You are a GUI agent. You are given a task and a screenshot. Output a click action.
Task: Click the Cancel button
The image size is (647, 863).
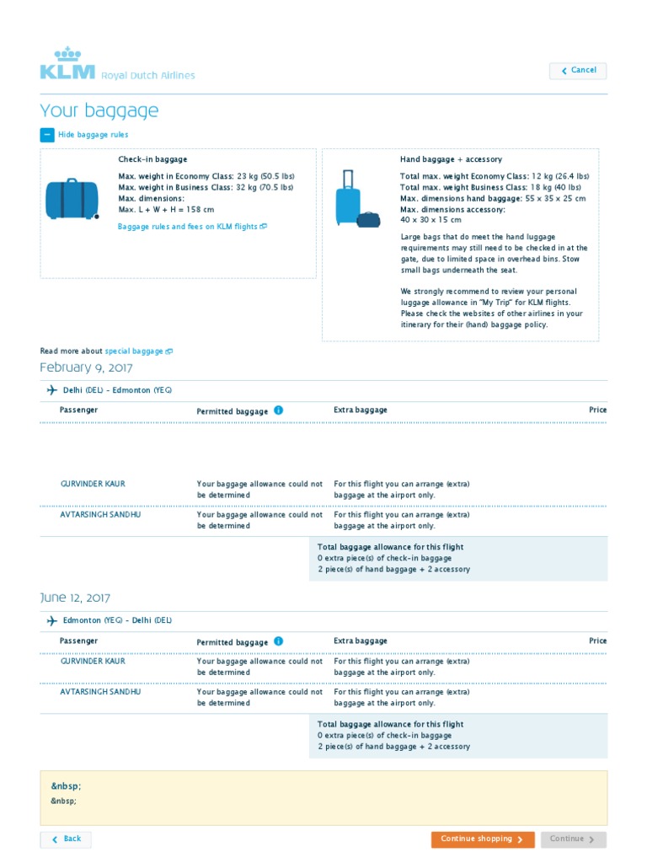[x=578, y=71]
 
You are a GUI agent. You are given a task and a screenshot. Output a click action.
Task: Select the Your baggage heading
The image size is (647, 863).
[x=99, y=111]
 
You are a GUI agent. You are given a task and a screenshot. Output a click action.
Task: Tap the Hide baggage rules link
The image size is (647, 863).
[x=93, y=135]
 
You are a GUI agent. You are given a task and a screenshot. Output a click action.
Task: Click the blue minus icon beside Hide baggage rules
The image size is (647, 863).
[x=46, y=135]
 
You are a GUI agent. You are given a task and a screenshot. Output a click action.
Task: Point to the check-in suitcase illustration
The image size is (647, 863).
[x=72, y=199]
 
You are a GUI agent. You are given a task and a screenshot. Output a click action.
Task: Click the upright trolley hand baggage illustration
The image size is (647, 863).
[x=347, y=198]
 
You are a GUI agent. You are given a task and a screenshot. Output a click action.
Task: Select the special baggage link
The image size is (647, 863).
[x=138, y=351]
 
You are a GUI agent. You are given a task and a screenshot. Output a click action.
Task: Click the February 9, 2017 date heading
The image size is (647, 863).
[x=86, y=367]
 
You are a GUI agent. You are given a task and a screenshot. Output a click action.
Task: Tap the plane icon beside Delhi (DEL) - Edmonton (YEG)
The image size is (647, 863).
[x=52, y=390]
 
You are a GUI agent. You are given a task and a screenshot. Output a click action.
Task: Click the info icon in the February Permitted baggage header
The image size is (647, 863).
[x=279, y=410]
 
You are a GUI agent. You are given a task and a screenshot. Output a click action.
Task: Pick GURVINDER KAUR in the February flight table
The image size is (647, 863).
[x=93, y=485]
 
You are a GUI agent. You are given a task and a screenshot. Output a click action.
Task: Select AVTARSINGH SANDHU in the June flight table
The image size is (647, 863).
[x=99, y=692]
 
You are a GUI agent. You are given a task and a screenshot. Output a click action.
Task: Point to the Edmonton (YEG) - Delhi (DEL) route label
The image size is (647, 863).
[x=117, y=620]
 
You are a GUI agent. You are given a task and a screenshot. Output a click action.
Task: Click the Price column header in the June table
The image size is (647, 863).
[x=597, y=641]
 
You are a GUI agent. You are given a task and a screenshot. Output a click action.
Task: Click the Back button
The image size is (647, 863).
[x=66, y=839]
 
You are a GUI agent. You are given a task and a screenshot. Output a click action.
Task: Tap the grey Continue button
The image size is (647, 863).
[x=573, y=839]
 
